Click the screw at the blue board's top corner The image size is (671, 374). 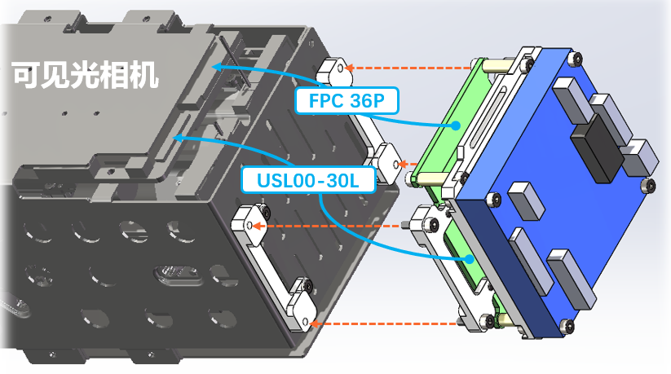[577, 59]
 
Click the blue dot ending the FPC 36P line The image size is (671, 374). [458, 125]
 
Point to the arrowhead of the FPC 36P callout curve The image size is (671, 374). [216, 66]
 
